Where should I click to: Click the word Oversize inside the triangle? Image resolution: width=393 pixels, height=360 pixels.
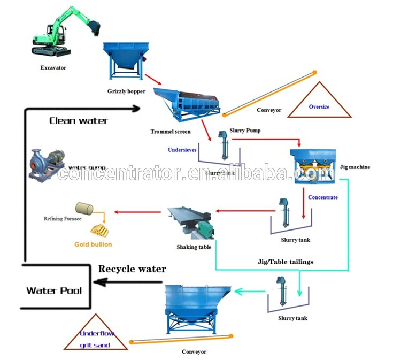point(319,107)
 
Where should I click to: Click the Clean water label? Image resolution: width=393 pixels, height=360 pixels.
point(79,120)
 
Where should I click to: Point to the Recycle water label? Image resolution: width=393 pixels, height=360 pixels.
point(132,268)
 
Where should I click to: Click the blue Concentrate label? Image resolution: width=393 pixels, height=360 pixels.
point(322,197)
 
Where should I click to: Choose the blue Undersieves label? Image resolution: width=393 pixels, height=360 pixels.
point(182,150)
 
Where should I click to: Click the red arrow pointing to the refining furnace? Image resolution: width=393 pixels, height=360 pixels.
point(139,212)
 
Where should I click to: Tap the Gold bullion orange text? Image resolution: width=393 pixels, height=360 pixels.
point(93,244)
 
